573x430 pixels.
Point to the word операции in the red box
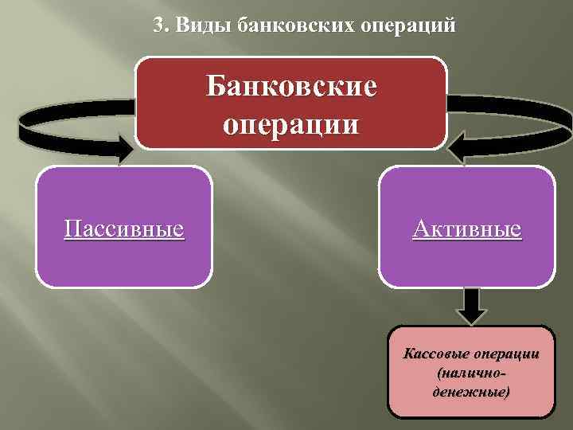tap(290, 124)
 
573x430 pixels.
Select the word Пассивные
tap(124, 229)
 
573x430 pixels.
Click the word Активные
tap(467, 229)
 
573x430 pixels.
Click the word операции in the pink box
tap(505, 354)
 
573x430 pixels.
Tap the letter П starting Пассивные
tap(71, 229)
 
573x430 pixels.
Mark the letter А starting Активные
tap(419, 229)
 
